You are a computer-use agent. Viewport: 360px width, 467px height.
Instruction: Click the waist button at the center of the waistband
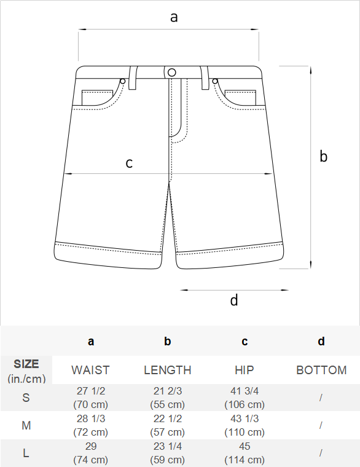(172, 73)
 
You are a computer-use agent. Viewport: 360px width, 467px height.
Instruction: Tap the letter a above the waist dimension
(174, 17)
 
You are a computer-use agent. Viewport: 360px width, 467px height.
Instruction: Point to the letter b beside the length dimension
(323, 156)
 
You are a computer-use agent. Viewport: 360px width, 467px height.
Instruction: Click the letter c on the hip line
(129, 163)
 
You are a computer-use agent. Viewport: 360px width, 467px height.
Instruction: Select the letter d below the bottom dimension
(234, 300)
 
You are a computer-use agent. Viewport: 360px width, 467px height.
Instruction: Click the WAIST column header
(90, 370)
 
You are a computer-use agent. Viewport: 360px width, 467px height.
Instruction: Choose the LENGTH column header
(167, 370)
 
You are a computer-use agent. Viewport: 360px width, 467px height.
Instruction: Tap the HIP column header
(245, 370)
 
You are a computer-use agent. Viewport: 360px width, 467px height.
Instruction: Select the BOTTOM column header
(321, 370)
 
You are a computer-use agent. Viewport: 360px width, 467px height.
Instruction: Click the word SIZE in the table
(26, 364)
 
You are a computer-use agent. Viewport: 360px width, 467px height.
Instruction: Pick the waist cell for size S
(90, 398)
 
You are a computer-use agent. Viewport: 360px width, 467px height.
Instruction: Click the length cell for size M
(167, 425)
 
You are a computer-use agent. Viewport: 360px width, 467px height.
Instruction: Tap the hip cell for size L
(245, 453)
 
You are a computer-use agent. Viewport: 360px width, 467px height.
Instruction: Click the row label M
(26, 426)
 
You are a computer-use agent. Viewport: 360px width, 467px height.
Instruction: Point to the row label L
(26, 453)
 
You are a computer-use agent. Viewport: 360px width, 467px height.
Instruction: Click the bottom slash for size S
(321, 398)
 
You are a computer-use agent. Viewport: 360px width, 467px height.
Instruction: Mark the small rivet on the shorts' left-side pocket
(123, 81)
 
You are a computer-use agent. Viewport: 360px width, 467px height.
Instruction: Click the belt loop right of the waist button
(205, 78)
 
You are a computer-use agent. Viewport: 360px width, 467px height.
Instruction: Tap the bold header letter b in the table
(167, 341)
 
